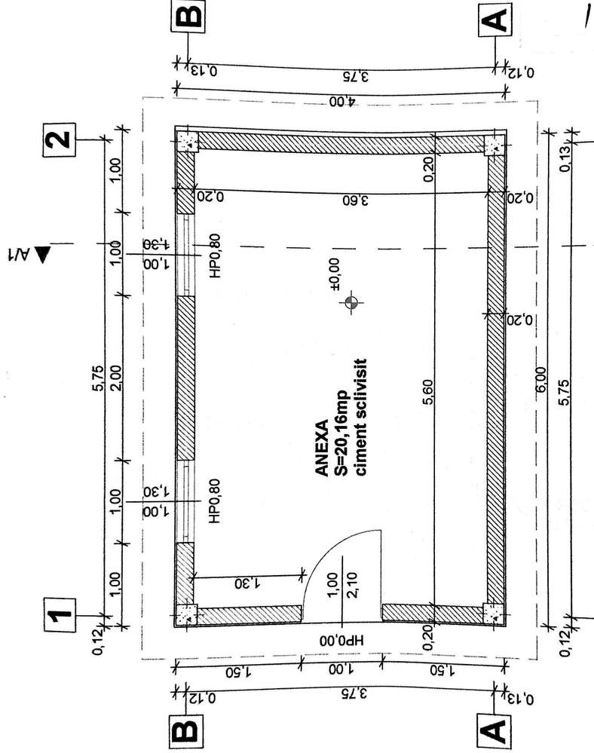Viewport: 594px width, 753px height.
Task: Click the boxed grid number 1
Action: tap(60, 615)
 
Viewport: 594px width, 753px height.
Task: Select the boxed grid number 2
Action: tap(60, 139)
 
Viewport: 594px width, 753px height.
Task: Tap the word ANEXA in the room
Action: tap(322, 448)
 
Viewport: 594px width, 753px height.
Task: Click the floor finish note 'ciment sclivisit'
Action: tap(360, 417)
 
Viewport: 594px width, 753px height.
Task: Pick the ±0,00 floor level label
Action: tap(335, 274)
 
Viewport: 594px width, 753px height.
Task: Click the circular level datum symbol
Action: tap(351, 302)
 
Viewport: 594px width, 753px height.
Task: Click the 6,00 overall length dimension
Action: tap(540, 380)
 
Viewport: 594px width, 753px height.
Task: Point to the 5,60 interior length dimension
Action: tap(428, 393)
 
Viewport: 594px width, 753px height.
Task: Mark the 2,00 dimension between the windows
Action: tap(115, 378)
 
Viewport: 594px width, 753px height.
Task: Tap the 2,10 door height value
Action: tap(351, 585)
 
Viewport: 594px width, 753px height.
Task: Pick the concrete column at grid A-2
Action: tap(494, 144)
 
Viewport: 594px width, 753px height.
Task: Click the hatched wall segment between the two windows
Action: tap(185, 378)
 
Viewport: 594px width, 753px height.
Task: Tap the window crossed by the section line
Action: tap(185, 255)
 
